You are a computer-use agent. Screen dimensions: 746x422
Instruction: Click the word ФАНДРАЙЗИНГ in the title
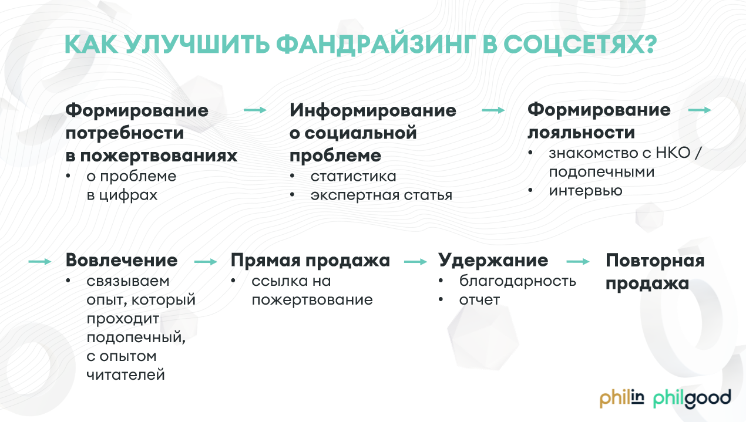coord(376,44)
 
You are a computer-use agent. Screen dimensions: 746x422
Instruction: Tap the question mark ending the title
coord(648,43)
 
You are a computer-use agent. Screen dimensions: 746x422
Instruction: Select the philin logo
coord(622,399)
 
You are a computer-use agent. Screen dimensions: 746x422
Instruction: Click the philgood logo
coord(693,399)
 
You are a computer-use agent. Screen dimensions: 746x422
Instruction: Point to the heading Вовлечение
coord(122,260)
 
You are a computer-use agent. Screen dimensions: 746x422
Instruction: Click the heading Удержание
coord(493,260)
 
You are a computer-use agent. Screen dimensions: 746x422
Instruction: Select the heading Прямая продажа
coord(310,261)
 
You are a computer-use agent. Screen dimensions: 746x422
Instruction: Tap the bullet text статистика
coord(354,177)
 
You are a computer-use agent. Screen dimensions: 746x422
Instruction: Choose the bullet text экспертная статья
coord(381,195)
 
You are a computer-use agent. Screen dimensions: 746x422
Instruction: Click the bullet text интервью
coord(586,191)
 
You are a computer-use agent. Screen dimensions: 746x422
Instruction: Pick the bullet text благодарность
coord(518,281)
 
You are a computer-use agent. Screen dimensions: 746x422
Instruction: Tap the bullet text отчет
coord(479,300)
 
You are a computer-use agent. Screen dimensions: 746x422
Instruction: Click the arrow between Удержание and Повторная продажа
coord(578,262)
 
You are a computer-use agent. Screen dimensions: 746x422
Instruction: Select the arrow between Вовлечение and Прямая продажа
coord(206,262)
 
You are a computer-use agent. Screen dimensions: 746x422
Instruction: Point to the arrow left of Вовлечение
coord(40,262)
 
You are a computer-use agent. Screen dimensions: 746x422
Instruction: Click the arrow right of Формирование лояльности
coord(700,110)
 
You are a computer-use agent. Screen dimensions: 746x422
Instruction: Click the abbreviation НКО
coord(673,153)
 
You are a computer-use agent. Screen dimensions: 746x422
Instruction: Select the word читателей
coord(126,375)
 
